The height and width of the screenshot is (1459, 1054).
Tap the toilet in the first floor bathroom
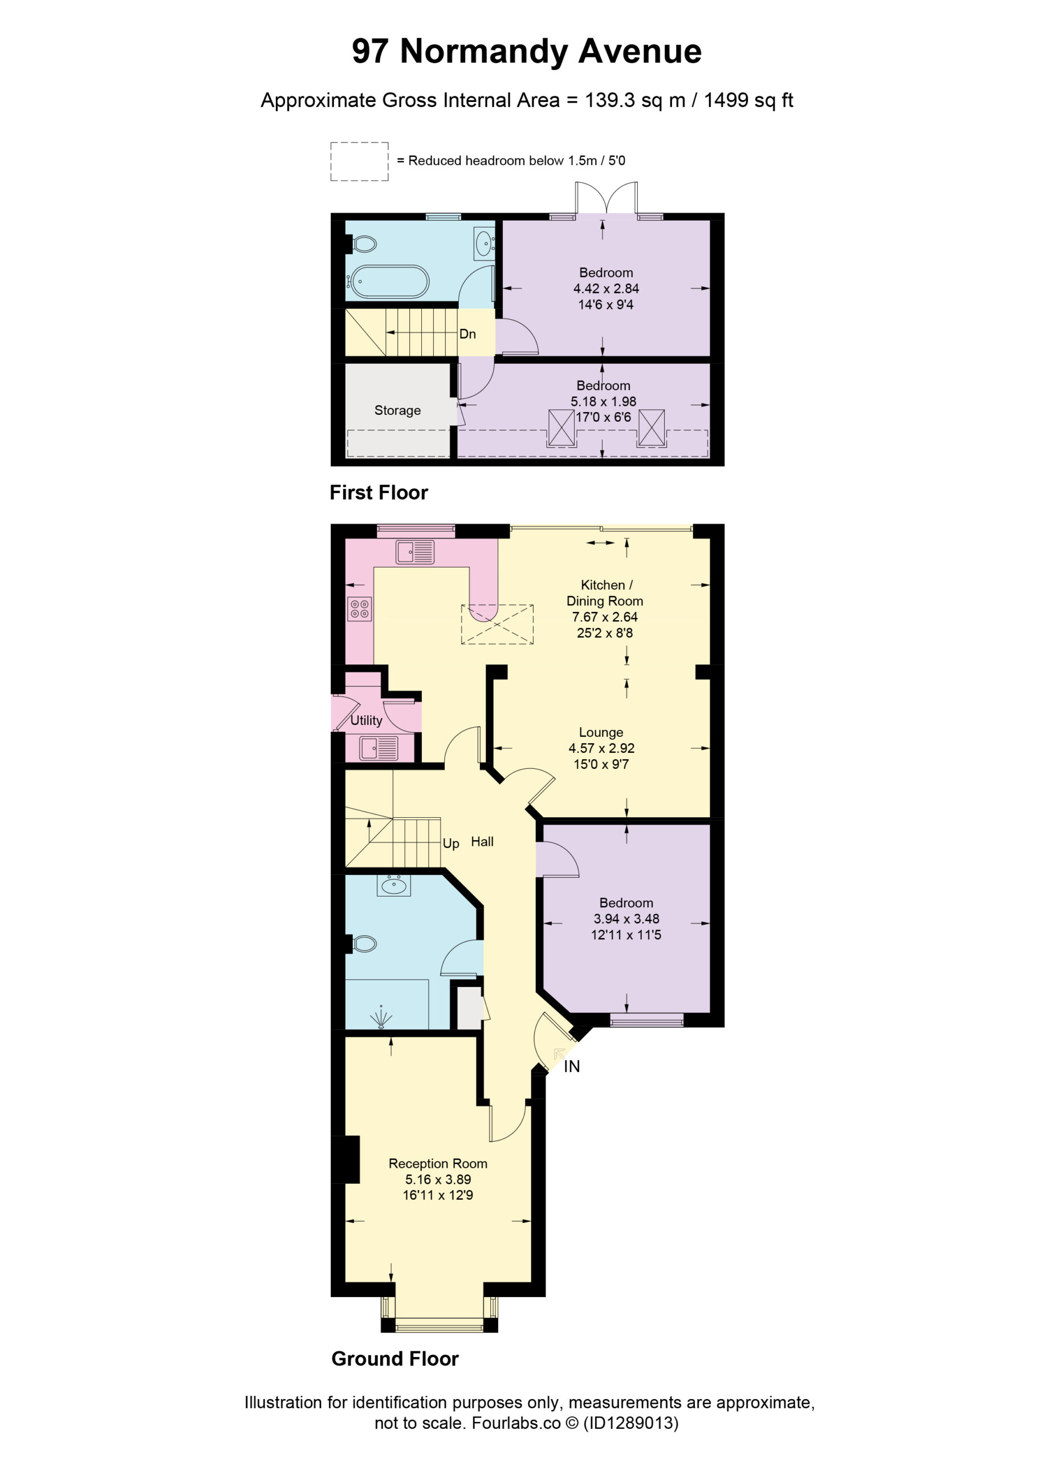(363, 244)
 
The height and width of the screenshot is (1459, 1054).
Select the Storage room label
(398, 410)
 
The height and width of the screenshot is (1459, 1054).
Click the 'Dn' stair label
(468, 334)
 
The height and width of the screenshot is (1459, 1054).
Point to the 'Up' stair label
(451, 843)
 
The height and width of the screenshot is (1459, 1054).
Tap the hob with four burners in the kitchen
(360, 609)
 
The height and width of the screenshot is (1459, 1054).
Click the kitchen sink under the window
(415, 552)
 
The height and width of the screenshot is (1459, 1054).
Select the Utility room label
(366, 720)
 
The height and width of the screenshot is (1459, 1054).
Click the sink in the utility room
(379, 748)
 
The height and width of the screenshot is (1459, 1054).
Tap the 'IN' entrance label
(572, 1066)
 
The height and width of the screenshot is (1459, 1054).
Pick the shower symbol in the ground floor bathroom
(381, 1017)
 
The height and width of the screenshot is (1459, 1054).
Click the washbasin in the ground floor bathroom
(394, 886)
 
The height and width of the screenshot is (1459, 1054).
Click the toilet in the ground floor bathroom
(364, 944)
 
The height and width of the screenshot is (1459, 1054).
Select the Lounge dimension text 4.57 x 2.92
(601, 748)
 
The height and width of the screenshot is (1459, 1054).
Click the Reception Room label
(438, 1164)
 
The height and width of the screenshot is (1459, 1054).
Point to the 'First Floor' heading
(379, 493)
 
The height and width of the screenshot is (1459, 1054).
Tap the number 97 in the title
(370, 51)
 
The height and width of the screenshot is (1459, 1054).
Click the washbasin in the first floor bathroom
(484, 244)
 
